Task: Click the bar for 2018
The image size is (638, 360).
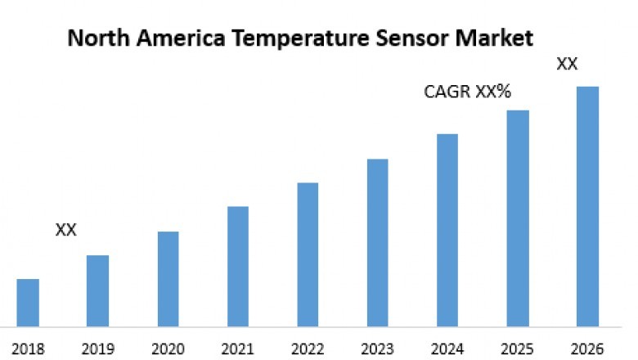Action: click(28, 303)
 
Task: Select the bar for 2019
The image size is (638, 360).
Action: click(97, 290)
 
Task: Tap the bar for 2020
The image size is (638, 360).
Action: click(168, 279)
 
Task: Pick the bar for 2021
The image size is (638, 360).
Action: click(237, 266)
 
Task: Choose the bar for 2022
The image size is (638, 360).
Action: click(308, 254)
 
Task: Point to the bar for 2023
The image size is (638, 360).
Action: click(377, 242)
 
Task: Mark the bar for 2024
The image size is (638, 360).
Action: click(447, 230)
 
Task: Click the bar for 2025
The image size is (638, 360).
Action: click(518, 218)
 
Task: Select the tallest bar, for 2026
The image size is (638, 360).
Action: click(587, 206)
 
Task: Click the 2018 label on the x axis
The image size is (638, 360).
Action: click(28, 349)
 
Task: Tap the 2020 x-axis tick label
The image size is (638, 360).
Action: click(168, 349)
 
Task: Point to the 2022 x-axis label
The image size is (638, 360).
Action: click(308, 349)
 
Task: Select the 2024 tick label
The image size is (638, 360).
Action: click(447, 349)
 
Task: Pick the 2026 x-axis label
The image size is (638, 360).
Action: click(587, 349)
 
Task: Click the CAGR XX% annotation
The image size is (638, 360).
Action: click(467, 92)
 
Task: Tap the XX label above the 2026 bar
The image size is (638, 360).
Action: click(567, 64)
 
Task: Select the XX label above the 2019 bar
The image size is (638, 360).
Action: click(65, 230)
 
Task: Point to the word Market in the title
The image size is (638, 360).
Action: click(493, 38)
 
